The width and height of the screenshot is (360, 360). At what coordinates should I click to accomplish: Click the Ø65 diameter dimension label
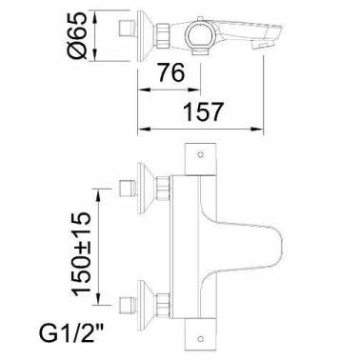(x=77, y=35)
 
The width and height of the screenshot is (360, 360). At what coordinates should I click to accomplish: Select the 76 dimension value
(x=171, y=72)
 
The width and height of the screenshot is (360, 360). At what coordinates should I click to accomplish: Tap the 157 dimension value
(x=204, y=111)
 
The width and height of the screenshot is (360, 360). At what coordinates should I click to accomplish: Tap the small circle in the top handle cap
(x=200, y=155)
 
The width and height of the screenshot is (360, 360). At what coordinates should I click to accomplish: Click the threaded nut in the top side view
(x=163, y=35)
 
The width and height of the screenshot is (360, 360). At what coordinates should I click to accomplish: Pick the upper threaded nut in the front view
(x=163, y=189)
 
